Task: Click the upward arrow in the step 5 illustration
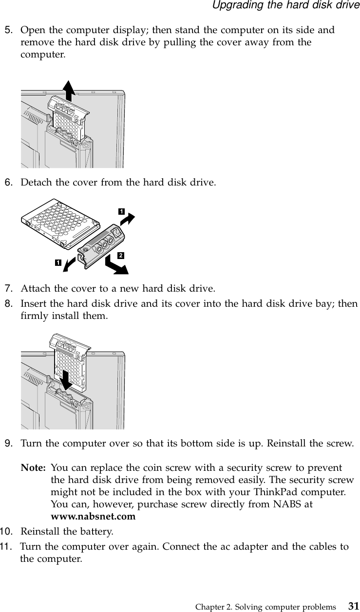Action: click(69, 91)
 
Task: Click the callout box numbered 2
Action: click(120, 255)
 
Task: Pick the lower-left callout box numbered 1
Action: click(58, 263)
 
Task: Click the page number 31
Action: click(352, 606)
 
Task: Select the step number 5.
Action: click(8, 31)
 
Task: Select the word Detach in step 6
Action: click(34, 183)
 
